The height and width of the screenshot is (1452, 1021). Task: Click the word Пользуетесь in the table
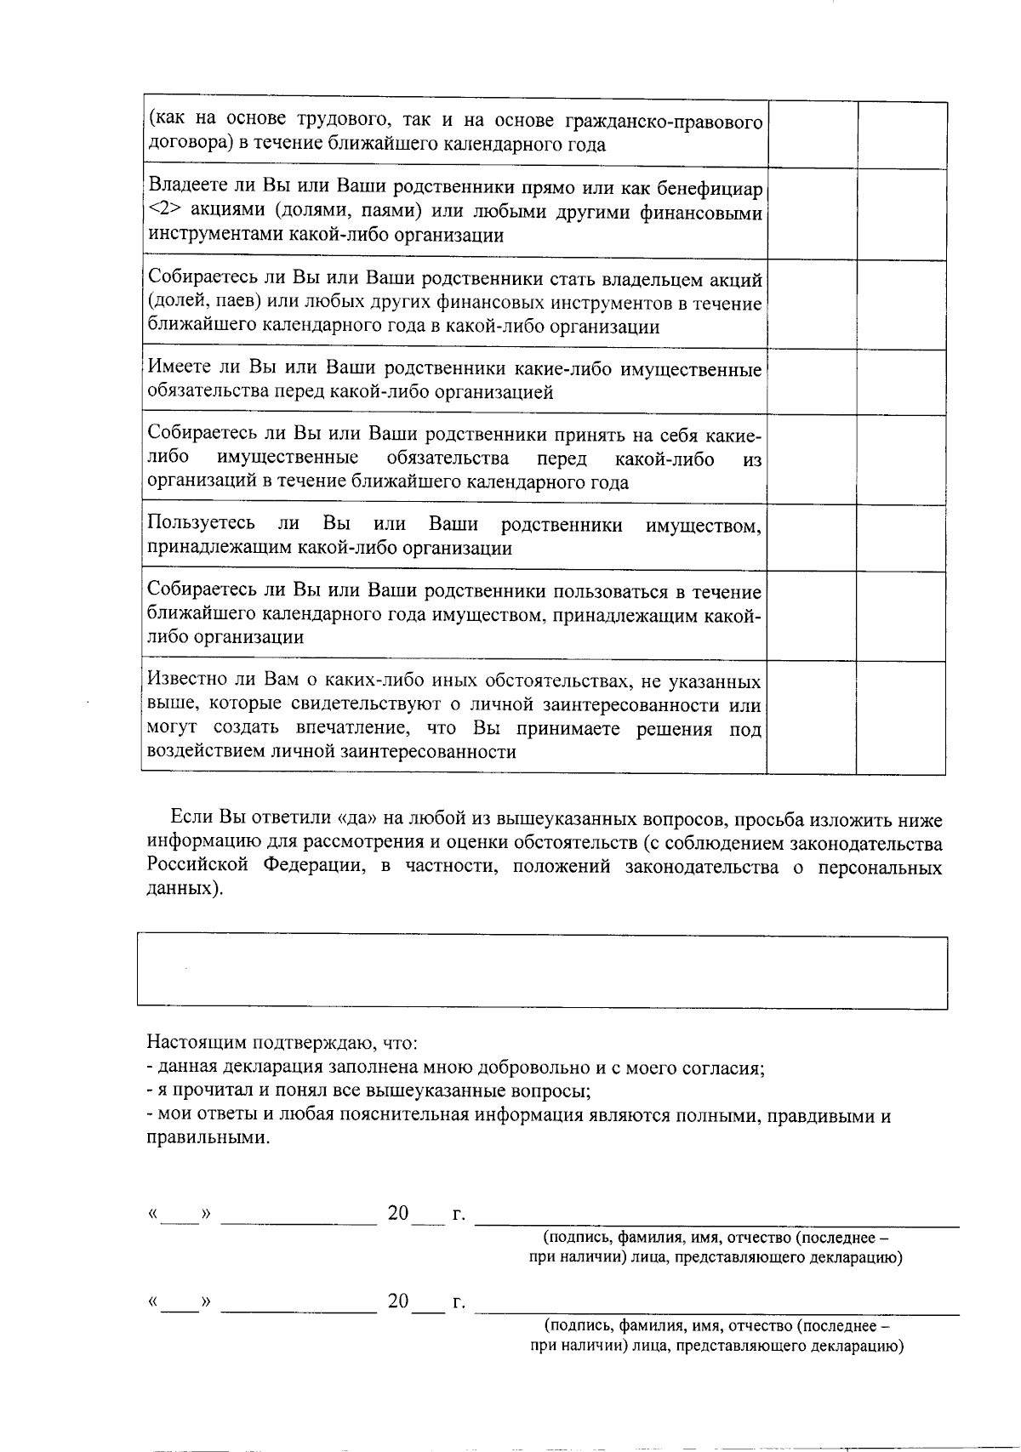[201, 524]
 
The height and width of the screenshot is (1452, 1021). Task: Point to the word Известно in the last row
[181, 681]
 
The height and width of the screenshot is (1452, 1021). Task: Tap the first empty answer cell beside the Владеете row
[812, 213]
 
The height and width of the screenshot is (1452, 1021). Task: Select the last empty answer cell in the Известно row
[902, 717]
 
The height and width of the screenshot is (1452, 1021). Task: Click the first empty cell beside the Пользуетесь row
[812, 538]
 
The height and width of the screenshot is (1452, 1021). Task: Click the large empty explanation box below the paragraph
[542, 973]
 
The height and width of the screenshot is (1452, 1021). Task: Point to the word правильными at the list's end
[207, 1138]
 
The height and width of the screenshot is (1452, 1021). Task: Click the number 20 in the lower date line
[398, 1302]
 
